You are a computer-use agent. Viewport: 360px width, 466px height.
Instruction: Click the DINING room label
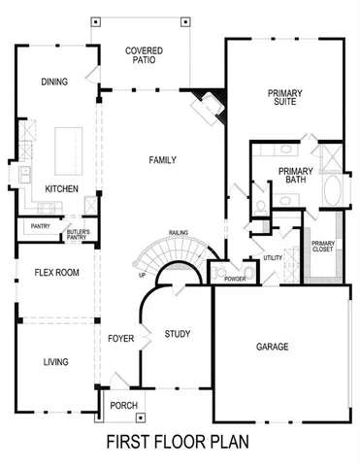pos(54,82)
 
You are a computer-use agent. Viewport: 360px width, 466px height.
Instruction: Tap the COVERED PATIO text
pos(144,55)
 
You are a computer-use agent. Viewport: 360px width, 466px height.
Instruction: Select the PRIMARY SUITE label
pos(285,98)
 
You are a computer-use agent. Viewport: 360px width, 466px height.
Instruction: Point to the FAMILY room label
pos(161,159)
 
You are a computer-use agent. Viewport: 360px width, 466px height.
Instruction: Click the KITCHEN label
pos(61,189)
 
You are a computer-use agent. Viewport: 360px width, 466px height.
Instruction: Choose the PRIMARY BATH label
pos(295,176)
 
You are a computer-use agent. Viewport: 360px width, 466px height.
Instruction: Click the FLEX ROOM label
pos(50,273)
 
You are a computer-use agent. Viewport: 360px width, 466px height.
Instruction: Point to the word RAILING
pos(178,233)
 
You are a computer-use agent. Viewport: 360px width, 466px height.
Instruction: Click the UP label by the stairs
pos(143,275)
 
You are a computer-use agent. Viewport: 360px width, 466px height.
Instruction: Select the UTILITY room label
pos(273,258)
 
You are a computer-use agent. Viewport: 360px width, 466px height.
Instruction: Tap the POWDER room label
pos(234,279)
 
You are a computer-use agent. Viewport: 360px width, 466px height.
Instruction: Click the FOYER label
pos(120,339)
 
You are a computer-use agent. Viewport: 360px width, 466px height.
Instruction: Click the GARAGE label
pos(274,346)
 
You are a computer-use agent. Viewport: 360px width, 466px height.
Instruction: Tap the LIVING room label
pos(55,362)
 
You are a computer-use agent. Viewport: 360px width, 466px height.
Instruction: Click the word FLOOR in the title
pos(180,443)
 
